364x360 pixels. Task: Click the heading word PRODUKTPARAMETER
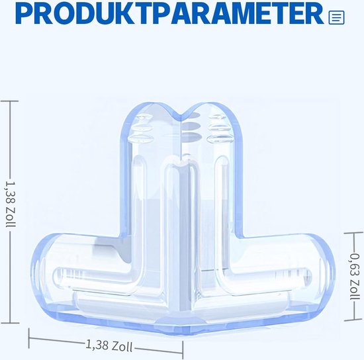coord(169,14)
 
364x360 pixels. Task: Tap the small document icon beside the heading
coord(336,17)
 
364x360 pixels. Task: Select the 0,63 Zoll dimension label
coord(353,276)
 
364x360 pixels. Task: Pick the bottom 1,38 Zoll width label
coord(109,345)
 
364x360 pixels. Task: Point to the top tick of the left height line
coord(9,101)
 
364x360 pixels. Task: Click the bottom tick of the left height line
coord(10,323)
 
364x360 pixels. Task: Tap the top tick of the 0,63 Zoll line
coord(353,232)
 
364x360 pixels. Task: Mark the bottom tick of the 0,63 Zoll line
coord(354,320)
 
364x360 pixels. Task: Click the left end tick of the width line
coord(29,338)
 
